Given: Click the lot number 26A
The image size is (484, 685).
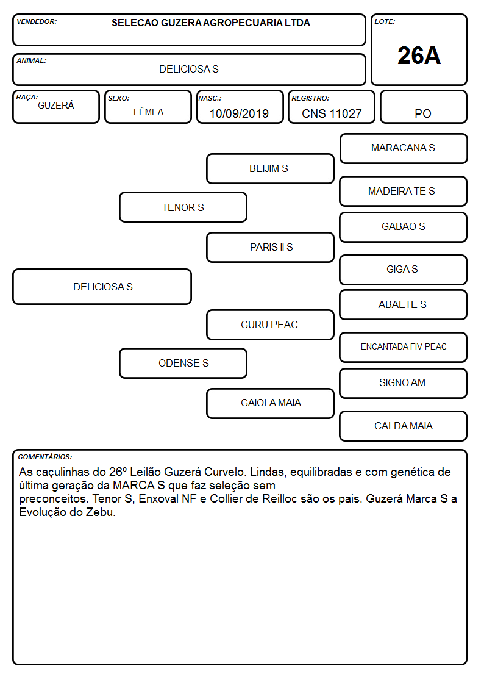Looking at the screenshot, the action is pyautogui.click(x=419, y=56).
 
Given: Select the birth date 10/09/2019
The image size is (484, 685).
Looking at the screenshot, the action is pyautogui.click(x=239, y=113).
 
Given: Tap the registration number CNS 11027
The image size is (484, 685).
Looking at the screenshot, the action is pyautogui.click(x=332, y=113).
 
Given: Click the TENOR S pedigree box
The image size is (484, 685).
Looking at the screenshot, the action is pyautogui.click(x=183, y=207).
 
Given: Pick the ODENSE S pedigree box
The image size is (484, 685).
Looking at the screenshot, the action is pyautogui.click(x=183, y=363).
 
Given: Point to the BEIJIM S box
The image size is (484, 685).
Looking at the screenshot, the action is pyautogui.click(x=270, y=168).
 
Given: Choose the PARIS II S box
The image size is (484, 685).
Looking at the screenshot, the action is pyautogui.click(x=270, y=247).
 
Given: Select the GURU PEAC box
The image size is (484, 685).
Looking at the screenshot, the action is pyautogui.click(x=270, y=325).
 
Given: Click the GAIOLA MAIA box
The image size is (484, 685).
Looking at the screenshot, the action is pyautogui.click(x=270, y=403).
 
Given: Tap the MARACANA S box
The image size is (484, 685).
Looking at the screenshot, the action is pyautogui.click(x=404, y=149).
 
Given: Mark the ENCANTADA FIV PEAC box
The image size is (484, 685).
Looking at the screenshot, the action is pyautogui.click(x=404, y=347).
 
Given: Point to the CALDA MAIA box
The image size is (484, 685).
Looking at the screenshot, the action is pyautogui.click(x=404, y=426).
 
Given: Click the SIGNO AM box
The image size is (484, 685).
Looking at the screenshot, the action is pyautogui.click(x=404, y=383).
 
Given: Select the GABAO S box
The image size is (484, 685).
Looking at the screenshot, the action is pyautogui.click(x=404, y=227).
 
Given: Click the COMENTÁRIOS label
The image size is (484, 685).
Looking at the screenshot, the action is pyautogui.click(x=45, y=457).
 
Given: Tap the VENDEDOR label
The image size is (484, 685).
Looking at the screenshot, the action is pyautogui.click(x=37, y=21).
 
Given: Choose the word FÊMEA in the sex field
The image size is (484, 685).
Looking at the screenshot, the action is pyautogui.click(x=148, y=112).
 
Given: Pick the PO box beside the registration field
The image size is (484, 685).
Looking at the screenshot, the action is pyautogui.click(x=423, y=107).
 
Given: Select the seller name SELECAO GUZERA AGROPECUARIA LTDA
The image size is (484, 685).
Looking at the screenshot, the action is pyautogui.click(x=211, y=23).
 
